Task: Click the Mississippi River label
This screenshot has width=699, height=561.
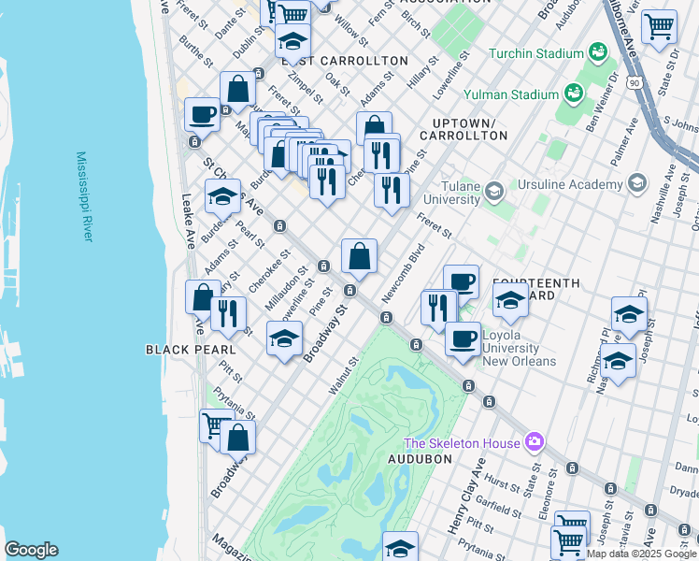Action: point(85,196)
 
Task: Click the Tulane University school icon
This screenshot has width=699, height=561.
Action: point(492,191)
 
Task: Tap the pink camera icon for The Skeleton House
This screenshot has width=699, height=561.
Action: point(534,440)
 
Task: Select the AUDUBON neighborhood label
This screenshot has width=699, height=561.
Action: point(420,459)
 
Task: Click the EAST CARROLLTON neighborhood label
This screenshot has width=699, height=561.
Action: point(345,61)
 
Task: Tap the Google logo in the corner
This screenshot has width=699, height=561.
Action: point(31,550)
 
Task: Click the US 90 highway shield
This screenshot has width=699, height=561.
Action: point(635,83)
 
